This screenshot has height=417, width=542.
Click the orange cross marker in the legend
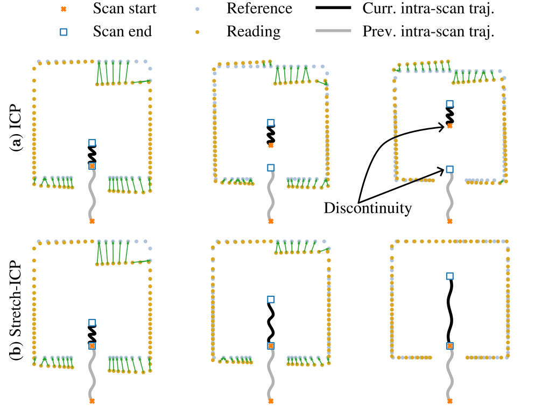[x=64, y=9]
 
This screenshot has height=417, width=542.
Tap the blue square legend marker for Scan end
[x=64, y=32]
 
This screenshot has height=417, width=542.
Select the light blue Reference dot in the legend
[x=198, y=9]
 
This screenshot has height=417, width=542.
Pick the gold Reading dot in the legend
[x=198, y=32]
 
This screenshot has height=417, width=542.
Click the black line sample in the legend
[x=333, y=8]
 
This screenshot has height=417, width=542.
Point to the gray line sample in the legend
[x=333, y=31]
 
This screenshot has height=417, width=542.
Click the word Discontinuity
[x=368, y=208]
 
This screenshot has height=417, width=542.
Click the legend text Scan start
[x=124, y=8]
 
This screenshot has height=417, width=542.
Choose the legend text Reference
[x=259, y=8]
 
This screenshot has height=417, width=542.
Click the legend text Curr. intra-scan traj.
[x=428, y=9]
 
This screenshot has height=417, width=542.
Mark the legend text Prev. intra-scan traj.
[x=428, y=32]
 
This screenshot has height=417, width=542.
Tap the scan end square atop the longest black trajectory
[x=450, y=276]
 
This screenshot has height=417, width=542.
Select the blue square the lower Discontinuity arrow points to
[x=450, y=169]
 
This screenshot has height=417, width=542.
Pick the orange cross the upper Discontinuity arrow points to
[x=450, y=126]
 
